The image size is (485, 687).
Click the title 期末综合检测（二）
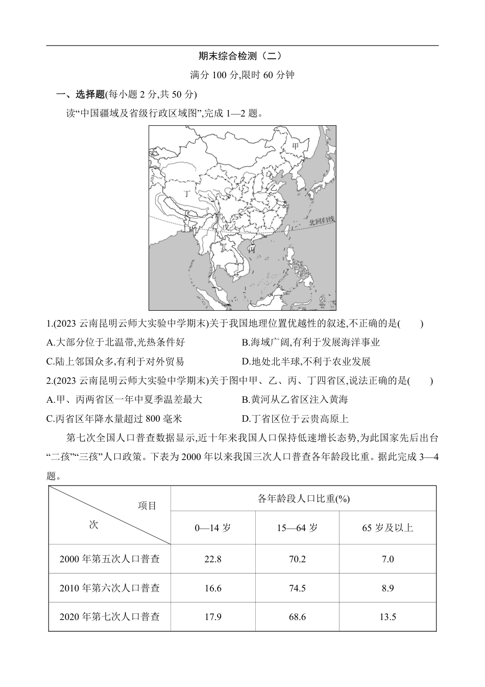239,56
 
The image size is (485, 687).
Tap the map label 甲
295,147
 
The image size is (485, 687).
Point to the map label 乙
274,188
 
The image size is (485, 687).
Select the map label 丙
251,250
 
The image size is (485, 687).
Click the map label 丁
186,193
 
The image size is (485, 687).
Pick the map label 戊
226,226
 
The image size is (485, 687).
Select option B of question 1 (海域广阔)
310,342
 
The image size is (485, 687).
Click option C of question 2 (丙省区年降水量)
114,419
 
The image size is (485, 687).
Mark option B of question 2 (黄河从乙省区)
295,400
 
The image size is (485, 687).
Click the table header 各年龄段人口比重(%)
303,499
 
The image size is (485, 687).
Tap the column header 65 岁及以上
387,528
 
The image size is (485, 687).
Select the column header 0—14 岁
212,528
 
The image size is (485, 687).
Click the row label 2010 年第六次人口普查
109,588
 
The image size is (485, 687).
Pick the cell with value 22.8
212,559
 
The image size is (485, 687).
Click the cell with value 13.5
387,617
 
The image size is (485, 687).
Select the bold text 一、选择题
80,94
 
